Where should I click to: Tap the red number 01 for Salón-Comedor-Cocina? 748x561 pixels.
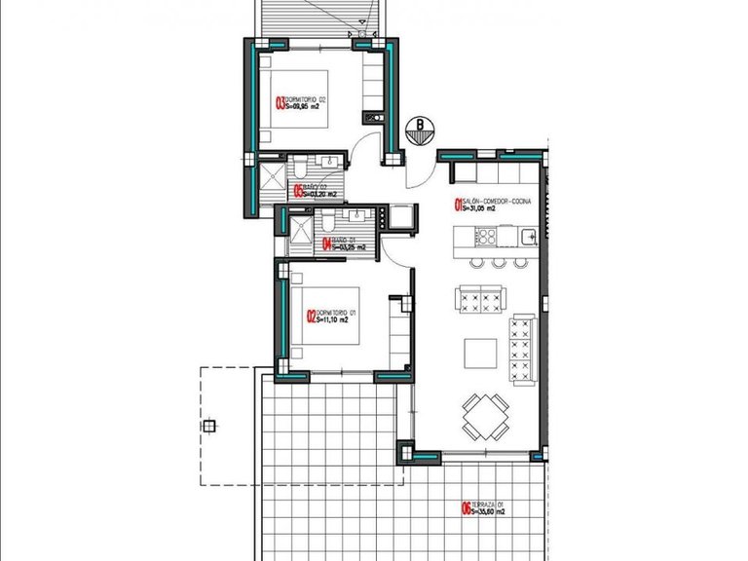click(457, 205)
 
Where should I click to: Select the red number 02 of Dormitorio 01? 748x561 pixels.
click(310, 316)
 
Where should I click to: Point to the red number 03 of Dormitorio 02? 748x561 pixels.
click(280, 102)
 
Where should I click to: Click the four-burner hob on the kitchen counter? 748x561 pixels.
click(485, 237)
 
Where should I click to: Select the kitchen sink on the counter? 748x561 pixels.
click(526, 237)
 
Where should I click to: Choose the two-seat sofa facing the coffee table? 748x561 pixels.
click(479, 295)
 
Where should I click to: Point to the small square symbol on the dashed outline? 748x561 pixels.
click(207, 427)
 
